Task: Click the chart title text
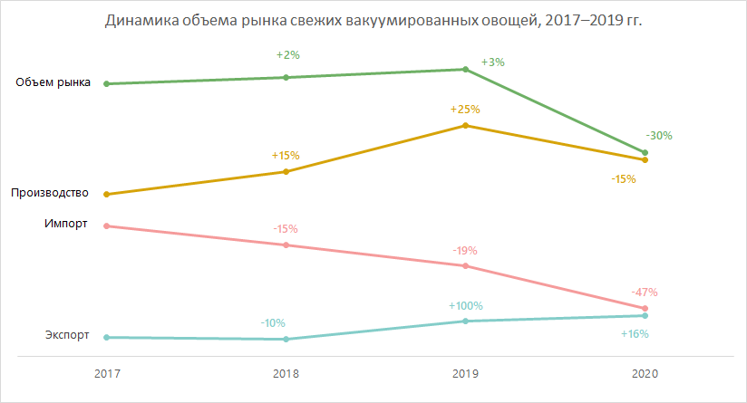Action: click(373, 21)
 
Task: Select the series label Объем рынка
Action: click(53, 83)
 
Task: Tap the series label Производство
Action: click(49, 193)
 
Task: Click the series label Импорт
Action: click(65, 224)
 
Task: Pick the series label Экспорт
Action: click(67, 335)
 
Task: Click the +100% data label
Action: click(465, 305)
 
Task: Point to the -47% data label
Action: click(644, 293)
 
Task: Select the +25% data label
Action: click(465, 110)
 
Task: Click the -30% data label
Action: click(659, 136)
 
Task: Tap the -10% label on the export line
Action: click(273, 323)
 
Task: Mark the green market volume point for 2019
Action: click(465, 70)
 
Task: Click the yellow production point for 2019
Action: click(465, 125)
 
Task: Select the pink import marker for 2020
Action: click(645, 309)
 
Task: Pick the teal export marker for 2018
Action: click(286, 340)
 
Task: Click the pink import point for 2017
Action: click(107, 226)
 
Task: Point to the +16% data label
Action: click(635, 334)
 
